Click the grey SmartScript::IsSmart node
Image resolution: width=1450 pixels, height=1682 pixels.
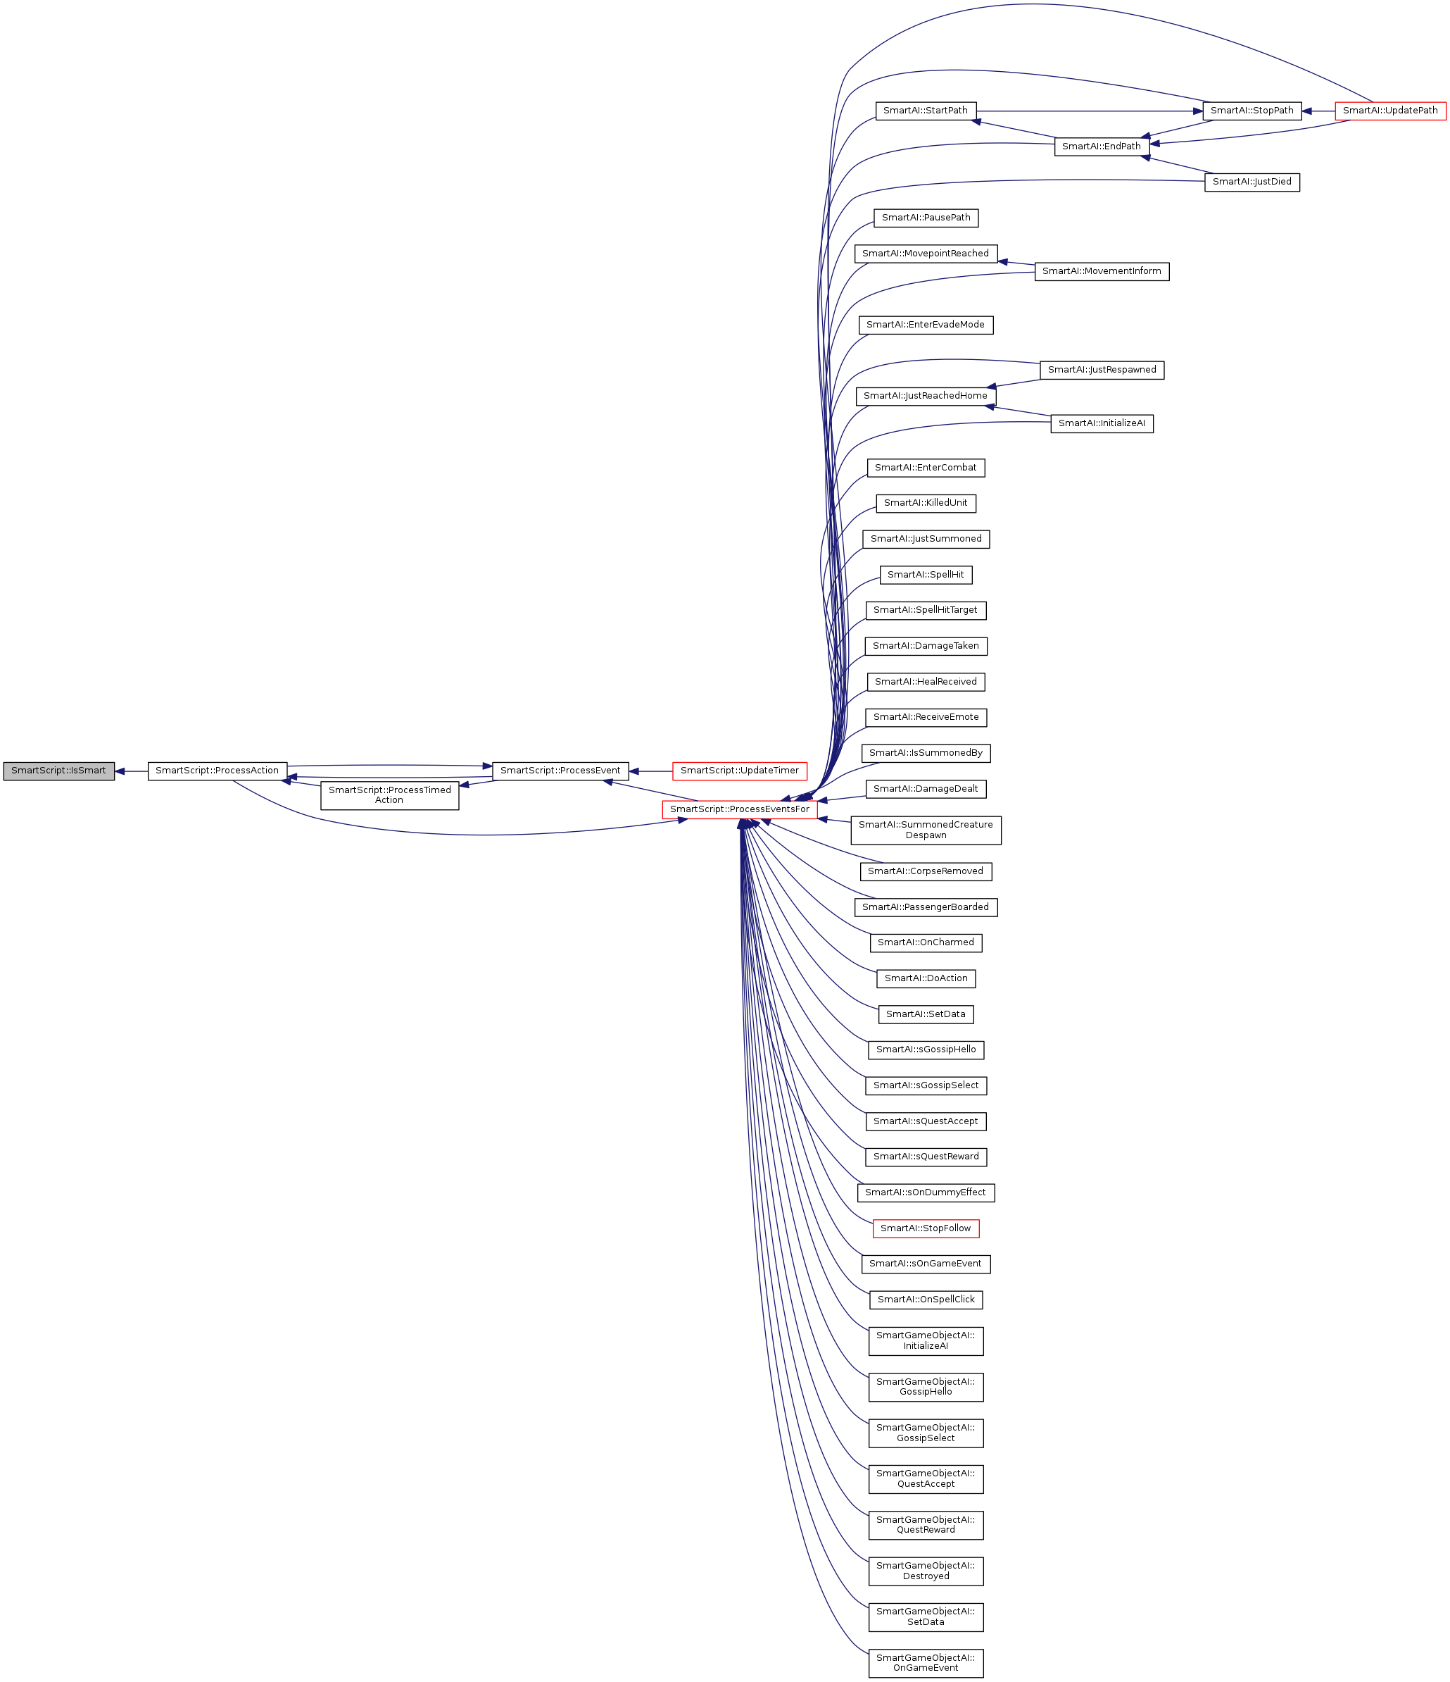click(58, 771)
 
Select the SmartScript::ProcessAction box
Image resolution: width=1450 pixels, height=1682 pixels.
click(217, 771)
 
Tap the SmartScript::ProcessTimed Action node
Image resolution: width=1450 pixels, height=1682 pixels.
click(389, 795)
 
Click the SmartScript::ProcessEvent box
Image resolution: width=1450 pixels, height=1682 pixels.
click(560, 771)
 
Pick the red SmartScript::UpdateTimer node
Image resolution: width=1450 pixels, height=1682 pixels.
click(739, 771)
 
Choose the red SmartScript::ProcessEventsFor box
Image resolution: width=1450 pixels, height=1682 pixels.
click(739, 809)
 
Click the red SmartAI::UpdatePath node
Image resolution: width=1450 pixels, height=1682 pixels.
click(1390, 111)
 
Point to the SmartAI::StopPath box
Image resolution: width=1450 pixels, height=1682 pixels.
click(1252, 111)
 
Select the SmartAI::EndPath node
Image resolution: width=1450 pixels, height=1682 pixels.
click(1101, 146)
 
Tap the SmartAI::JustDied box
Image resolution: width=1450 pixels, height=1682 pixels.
click(1252, 182)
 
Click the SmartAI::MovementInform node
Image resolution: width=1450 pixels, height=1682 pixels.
click(1101, 271)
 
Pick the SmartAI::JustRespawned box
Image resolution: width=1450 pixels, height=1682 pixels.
click(1101, 370)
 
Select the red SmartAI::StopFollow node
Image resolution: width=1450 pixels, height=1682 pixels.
click(926, 1228)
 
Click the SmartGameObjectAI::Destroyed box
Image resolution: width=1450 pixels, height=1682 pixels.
click(926, 1571)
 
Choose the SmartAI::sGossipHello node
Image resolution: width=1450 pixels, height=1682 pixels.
click(926, 1049)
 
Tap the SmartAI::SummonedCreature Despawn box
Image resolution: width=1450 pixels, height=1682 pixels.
click(926, 830)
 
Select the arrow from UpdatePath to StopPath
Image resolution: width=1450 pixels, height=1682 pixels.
click(1318, 111)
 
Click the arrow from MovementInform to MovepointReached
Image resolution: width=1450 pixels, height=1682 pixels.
click(1016, 263)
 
